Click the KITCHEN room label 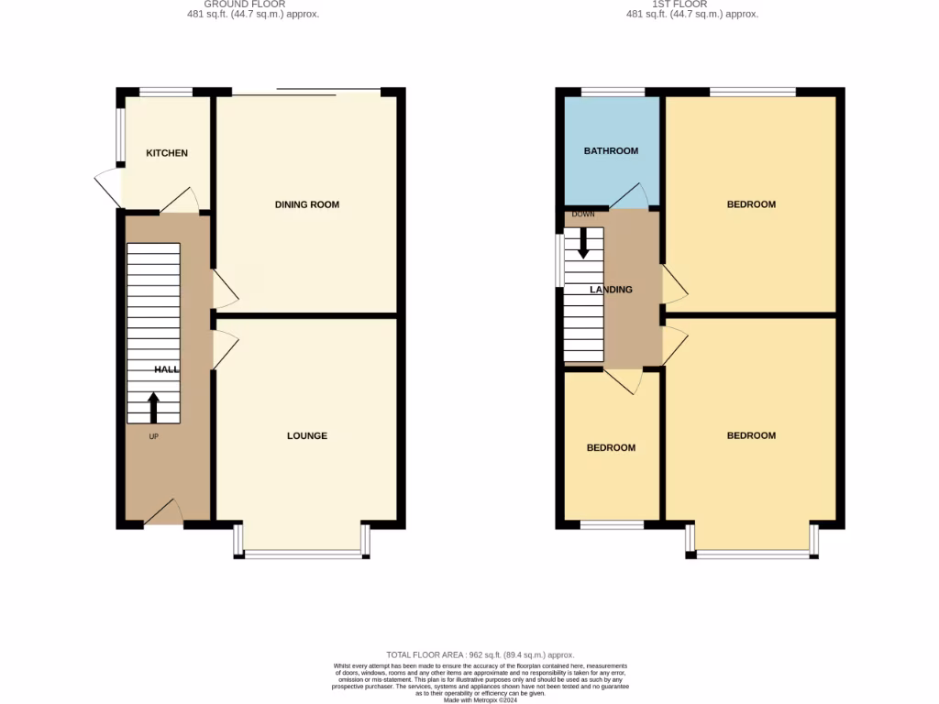167,153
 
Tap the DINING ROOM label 307,204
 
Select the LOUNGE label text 307,435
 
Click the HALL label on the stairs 167,368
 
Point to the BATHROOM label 611,151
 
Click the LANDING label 611,290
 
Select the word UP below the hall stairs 153,436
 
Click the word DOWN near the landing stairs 583,214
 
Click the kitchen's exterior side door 108,187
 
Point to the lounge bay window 304,554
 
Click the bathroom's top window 613,92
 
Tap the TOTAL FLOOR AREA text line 480,654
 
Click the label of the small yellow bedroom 611,448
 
